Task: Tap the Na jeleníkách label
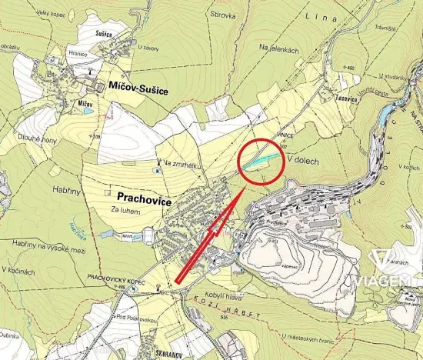click(278, 48)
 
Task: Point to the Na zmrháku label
click(182, 162)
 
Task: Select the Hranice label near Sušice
click(78, 53)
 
